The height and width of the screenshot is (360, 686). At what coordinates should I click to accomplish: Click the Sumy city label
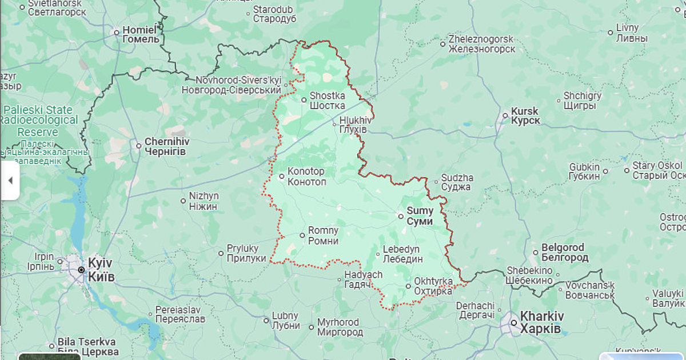pos(420,216)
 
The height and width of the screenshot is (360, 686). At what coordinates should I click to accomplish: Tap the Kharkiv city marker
pos(514,323)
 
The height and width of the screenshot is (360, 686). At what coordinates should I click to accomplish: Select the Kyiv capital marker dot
pos(81,270)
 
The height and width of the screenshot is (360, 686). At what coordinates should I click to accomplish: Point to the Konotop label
pos(306,177)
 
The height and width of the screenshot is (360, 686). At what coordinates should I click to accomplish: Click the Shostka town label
pos(327,101)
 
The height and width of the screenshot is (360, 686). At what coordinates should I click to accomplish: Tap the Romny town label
pos(323,235)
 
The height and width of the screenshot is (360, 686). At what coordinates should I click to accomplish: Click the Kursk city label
pos(525,116)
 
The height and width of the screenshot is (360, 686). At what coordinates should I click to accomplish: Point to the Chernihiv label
pos(166,146)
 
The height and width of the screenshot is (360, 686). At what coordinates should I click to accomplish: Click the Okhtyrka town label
pos(433,286)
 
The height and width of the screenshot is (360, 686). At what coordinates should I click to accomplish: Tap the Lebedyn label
pos(402,254)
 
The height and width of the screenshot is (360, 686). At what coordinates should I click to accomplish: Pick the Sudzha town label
pos(457,182)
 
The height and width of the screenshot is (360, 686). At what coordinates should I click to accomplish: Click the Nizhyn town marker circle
pos(184,201)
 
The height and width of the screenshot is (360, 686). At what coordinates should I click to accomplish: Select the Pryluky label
pos(243,253)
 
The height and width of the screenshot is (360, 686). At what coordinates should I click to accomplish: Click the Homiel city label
pos(141,34)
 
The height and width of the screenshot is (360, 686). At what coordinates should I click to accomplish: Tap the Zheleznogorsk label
pos(481,44)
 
